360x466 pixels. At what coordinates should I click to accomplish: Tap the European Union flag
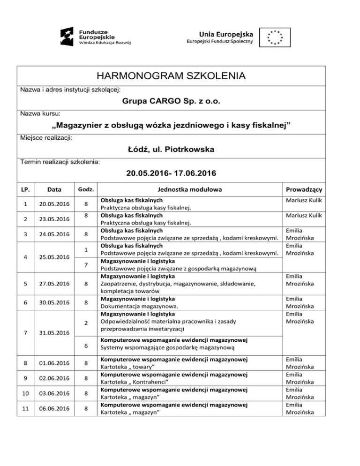276,37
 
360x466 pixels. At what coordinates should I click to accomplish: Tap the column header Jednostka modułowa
190,190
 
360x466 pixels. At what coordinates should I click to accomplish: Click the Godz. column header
86,190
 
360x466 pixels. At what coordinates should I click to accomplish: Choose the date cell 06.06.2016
55,409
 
